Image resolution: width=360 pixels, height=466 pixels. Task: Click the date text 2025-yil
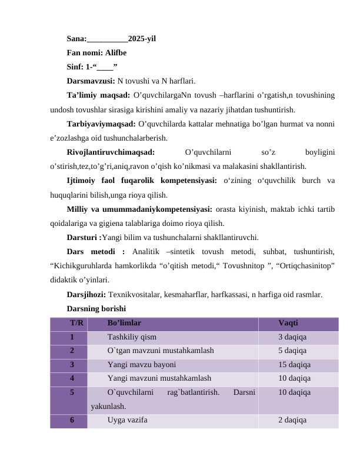coord(142,39)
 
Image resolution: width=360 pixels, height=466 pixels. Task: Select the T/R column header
coord(76,323)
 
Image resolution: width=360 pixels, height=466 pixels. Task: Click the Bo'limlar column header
coord(124,323)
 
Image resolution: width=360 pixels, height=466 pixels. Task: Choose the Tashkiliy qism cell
coord(132,337)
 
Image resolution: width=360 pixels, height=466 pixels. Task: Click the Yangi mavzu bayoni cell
coord(142,365)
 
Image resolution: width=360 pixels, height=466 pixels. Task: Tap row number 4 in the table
coord(71,378)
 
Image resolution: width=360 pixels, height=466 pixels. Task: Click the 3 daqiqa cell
coord(292,337)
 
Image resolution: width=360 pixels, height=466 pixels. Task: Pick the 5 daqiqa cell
coord(292,351)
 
